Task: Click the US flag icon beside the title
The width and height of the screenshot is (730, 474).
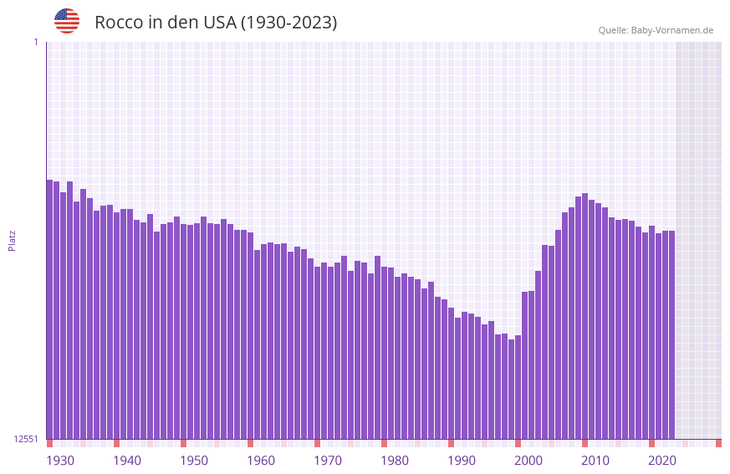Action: pyautogui.click(x=67, y=21)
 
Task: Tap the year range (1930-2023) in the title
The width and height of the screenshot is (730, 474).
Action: pyautogui.click(x=288, y=23)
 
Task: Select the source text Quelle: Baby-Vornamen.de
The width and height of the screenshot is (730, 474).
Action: pyautogui.click(x=656, y=30)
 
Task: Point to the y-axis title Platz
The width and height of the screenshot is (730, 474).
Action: pyautogui.click(x=12, y=240)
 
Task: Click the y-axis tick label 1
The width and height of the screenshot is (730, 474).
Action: pyautogui.click(x=35, y=42)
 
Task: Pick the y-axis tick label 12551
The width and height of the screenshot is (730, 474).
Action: pyautogui.click(x=25, y=439)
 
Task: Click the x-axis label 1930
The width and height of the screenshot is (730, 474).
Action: pyautogui.click(x=60, y=461)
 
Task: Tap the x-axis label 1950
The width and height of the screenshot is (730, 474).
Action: pyautogui.click(x=194, y=461)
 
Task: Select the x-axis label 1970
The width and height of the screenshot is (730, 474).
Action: pyautogui.click(x=328, y=461)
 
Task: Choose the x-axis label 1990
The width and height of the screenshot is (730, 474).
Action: pyautogui.click(x=462, y=461)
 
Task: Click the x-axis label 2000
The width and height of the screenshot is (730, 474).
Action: pyautogui.click(x=528, y=461)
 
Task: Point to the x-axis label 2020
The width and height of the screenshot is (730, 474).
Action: pyautogui.click(x=662, y=461)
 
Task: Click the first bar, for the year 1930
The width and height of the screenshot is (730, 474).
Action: pyautogui.click(x=49, y=309)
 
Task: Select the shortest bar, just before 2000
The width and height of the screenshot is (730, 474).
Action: pyautogui.click(x=511, y=389)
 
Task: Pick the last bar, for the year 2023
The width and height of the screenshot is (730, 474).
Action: pyautogui.click(x=671, y=334)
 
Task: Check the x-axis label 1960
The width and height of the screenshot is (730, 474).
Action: pyautogui.click(x=261, y=461)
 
